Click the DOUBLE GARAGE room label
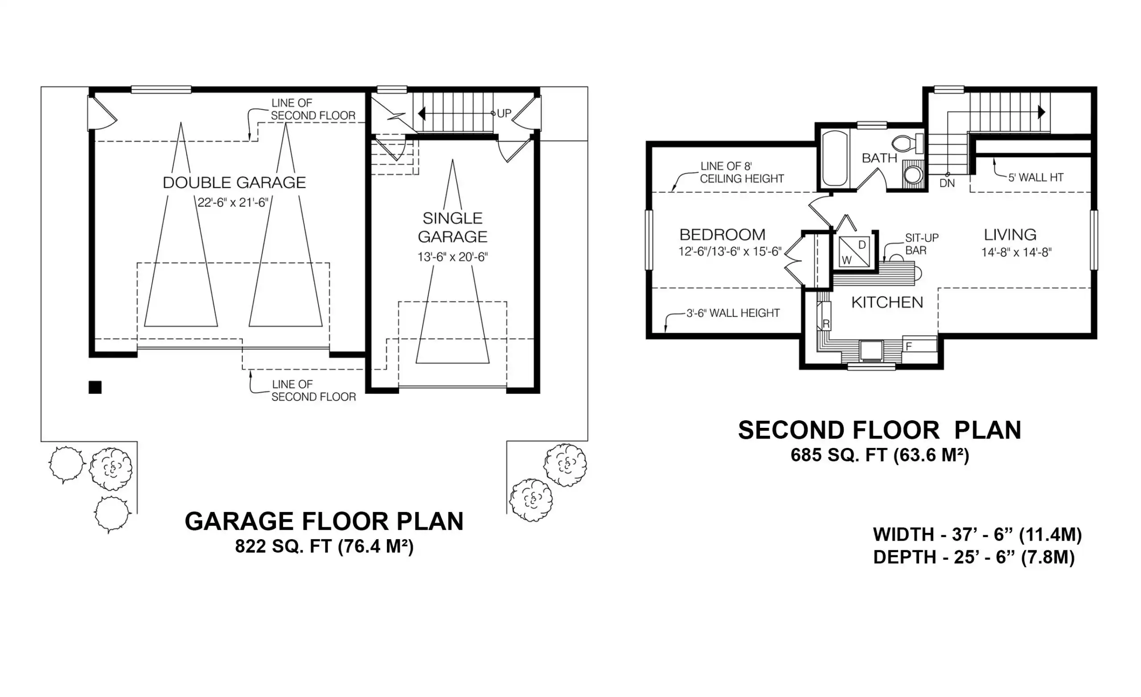(x=234, y=182)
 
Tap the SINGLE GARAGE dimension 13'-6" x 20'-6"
(x=452, y=257)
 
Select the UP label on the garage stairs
(x=504, y=113)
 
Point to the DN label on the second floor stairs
(x=947, y=183)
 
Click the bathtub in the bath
(x=835, y=158)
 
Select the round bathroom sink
(x=913, y=176)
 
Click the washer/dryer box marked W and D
(x=854, y=251)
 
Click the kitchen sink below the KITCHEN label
(x=871, y=351)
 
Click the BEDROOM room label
(x=722, y=235)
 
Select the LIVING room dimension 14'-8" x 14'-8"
(x=1017, y=252)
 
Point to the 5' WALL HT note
(x=1036, y=177)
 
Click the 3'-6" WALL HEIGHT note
(x=733, y=313)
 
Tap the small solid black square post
(x=95, y=387)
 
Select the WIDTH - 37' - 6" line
(x=977, y=534)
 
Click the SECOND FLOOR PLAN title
(x=879, y=430)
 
